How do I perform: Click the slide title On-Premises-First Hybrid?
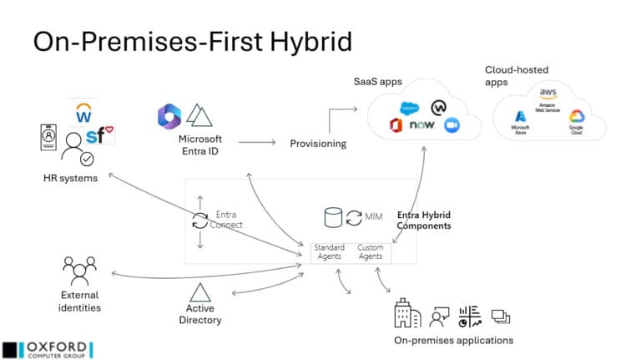pos(192,42)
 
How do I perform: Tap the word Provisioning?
pos(318,144)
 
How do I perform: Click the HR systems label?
pos(71,177)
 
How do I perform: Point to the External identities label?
pos(80,301)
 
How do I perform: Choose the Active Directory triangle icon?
pos(200,292)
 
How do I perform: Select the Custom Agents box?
pos(370,251)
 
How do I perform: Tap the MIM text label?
pos(374,217)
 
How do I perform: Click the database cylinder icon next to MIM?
pos(333,217)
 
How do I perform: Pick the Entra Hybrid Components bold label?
pos(424,220)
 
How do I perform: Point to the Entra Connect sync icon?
pos(200,221)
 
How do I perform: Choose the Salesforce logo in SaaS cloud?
pos(408,108)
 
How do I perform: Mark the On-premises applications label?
pos(453,340)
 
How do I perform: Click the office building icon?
pos(406,315)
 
